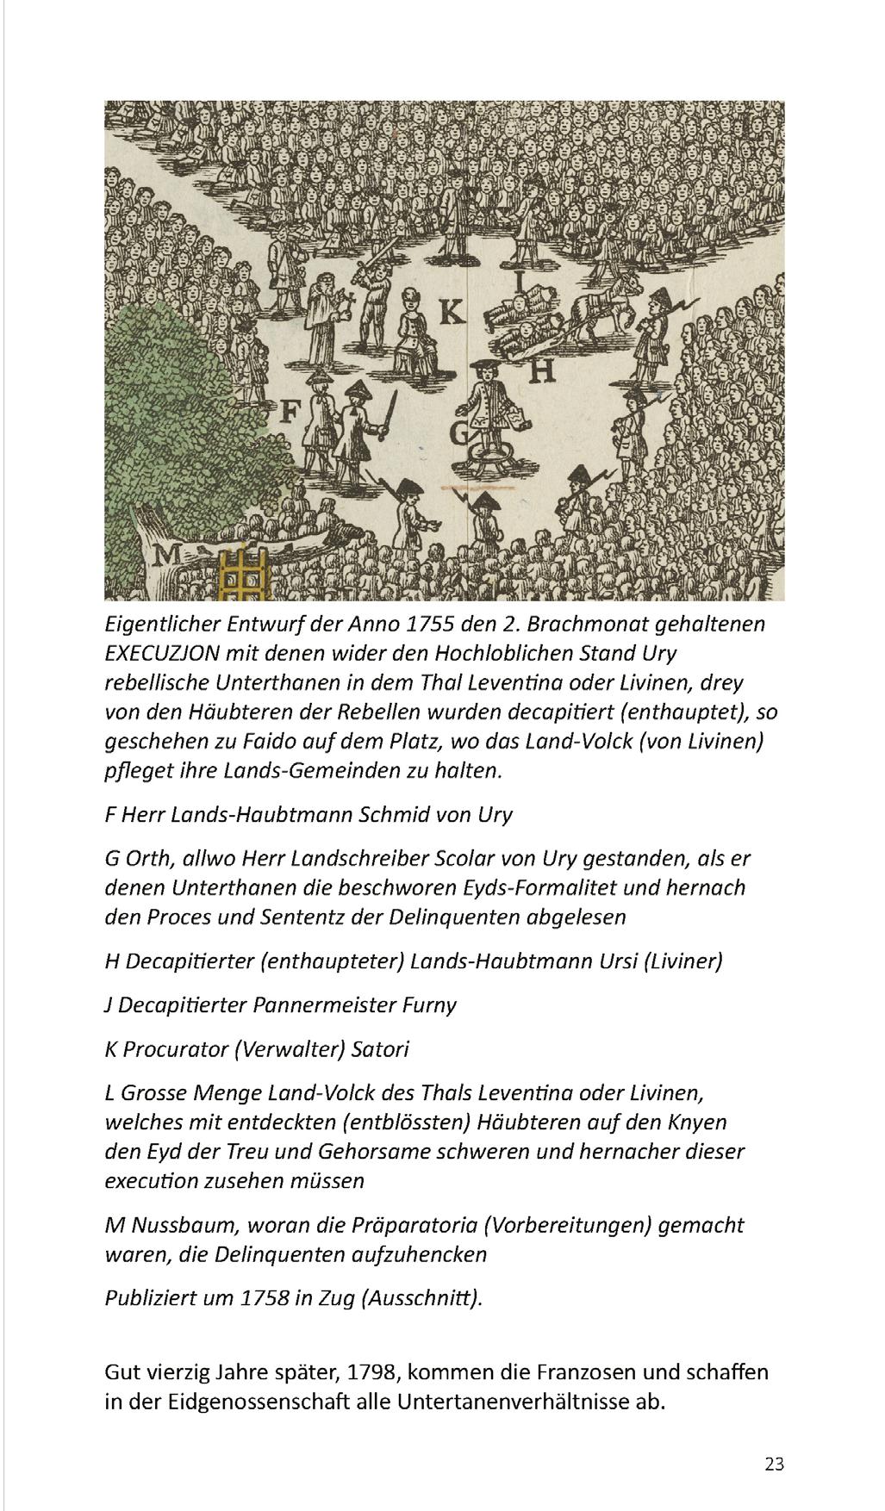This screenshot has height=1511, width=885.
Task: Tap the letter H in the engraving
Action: [540, 370]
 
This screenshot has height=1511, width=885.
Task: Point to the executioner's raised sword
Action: [377, 258]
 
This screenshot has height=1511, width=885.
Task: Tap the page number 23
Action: [774, 1464]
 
